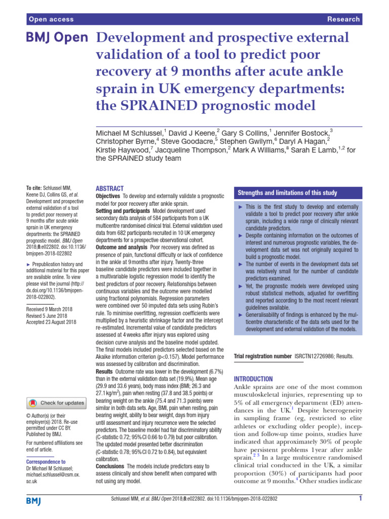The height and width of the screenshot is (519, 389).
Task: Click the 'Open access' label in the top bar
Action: (x=52, y=19)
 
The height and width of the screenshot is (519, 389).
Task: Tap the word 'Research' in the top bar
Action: (x=343, y=19)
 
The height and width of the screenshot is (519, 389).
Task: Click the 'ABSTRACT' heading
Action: (x=109, y=187)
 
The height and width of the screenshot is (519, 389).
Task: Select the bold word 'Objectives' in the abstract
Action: (x=107, y=196)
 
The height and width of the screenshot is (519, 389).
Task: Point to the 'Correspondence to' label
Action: (x=46, y=462)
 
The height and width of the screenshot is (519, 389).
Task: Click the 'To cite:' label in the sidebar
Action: (x=34, y=188)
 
